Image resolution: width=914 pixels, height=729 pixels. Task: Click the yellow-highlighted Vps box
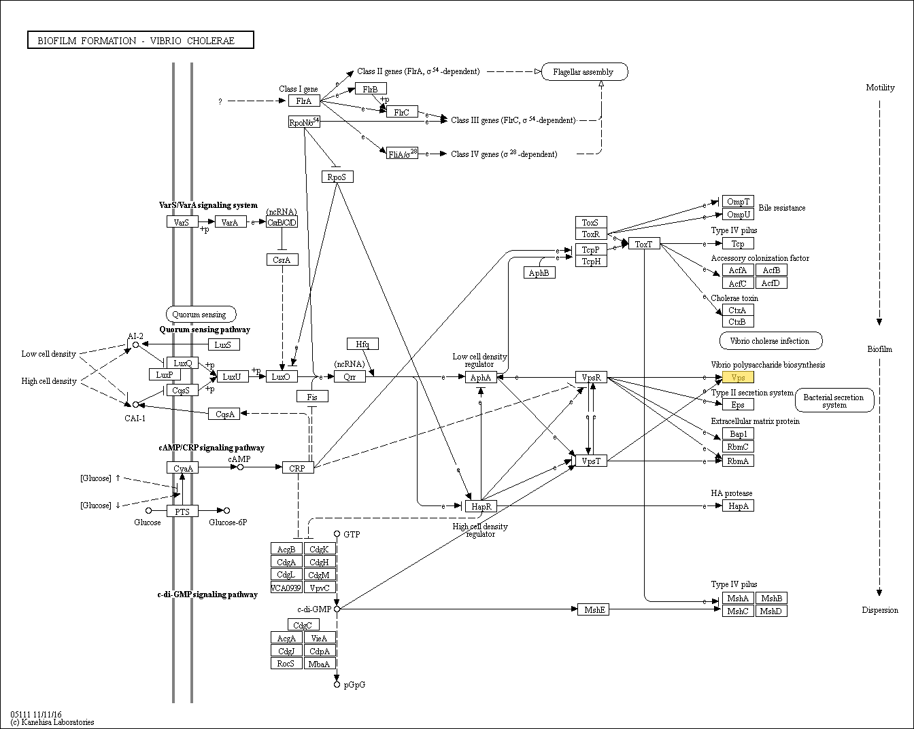click(x=738, y=377)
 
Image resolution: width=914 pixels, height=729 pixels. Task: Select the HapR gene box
click(x=481, y=506)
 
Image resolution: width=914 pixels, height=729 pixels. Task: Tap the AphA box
click(x=481, y=377)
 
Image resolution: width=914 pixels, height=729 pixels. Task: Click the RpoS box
click(x=337, y=177)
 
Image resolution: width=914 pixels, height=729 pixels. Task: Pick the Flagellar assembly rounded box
click(x=584, y=72)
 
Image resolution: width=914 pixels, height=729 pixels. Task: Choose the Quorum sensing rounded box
click(x=201, y=315)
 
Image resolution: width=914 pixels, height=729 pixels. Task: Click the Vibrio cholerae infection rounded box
click(x=771, y=341)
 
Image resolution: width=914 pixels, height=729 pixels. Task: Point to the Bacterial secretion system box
click(x=834, y=400)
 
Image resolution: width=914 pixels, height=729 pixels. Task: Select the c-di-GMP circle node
click(x=337, y=609)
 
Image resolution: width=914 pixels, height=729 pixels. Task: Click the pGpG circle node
click(x=337, y=684)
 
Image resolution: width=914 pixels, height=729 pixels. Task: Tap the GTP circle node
click(x=337, y=534)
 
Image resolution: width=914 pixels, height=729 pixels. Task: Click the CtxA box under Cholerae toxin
click(x=738, y=310)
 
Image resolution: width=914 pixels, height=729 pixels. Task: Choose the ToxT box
click(x=644, y=244)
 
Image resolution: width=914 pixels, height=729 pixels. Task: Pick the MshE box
click(x=594, y=609)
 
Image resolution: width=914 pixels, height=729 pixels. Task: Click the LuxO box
click(x=282, y=376)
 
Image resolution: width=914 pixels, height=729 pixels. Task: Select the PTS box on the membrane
click(x=182, y=512)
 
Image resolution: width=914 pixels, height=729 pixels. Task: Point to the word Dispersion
click(x=880, y=610)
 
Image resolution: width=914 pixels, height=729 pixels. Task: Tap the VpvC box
click(x=320, y=588)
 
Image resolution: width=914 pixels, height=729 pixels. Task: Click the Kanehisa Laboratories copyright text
click(x=52, y=722)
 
